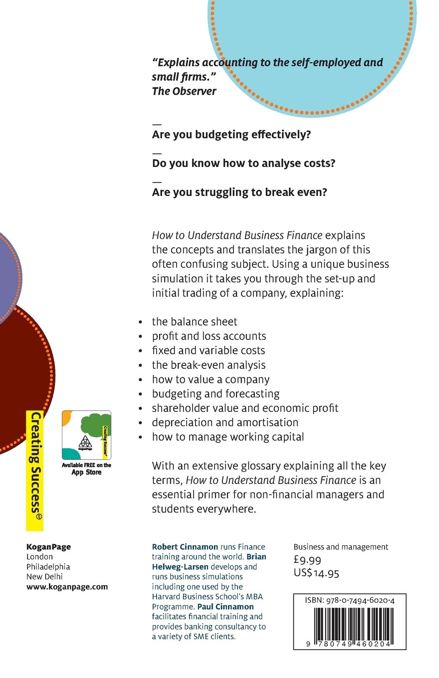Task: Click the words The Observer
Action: (x=184, y=91)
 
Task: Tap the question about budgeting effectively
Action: (x=231, y=135)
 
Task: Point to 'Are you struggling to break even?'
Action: (x=239, y=192)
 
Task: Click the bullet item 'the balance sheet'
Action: (x=195, y=322)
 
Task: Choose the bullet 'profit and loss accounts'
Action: (x=209, y=336)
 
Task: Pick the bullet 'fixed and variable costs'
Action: (x=209, y=350)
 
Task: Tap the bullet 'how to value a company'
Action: (x=211, y=379)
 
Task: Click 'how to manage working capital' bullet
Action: (x=228, y=437)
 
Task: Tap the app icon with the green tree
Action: (x=86, y=435)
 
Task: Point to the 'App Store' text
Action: (x=86, y=473)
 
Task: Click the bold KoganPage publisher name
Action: (x=48, y=547)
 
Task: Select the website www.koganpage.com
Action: (x=67, y=587)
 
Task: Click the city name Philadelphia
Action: (x=48, y=567)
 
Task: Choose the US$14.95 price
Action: (x=316, y=573)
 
